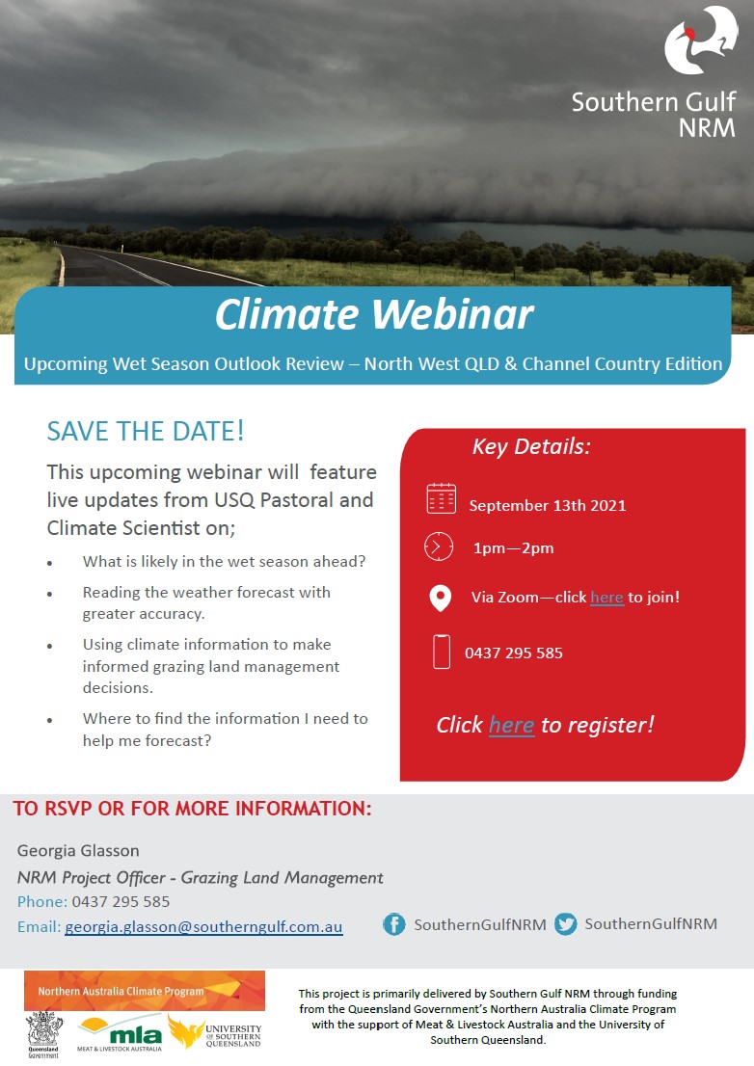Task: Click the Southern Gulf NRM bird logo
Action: pos(700,40)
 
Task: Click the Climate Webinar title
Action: pos(374,314)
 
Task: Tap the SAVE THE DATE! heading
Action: pos(146,431)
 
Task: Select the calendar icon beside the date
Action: pos(442,498)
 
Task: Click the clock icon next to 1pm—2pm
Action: pos(439,546)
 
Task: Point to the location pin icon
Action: pos(441,599)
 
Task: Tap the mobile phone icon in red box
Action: pos(442,652)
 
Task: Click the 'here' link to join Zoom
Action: pos(607,597)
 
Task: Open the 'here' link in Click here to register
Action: pos(511,725)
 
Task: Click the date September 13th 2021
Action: pos(548,506)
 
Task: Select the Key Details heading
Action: pos(531,446)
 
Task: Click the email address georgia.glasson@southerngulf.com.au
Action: pos(204,926)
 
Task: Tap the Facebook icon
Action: pos(393,924)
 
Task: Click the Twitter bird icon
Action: pos(565,924)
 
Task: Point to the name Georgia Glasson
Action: pos(78,850)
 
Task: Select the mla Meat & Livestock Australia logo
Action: pos(121,1033)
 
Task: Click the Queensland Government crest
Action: pos(44,1033)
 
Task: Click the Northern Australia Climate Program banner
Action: pos(144,991)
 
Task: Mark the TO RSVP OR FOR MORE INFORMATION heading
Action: pos(193,809)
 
